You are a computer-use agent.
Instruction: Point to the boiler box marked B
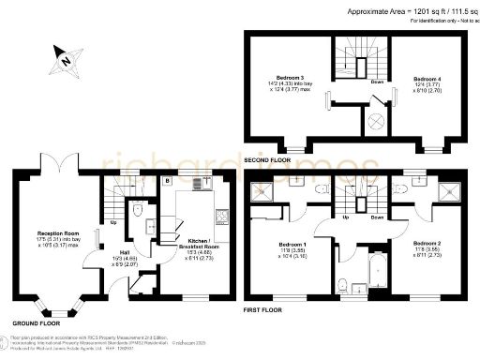point(167,179)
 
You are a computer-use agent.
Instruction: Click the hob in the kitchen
point(220,217)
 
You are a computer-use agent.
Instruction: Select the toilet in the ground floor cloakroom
point(137,221)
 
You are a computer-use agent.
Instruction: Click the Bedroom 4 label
point(427,82)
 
